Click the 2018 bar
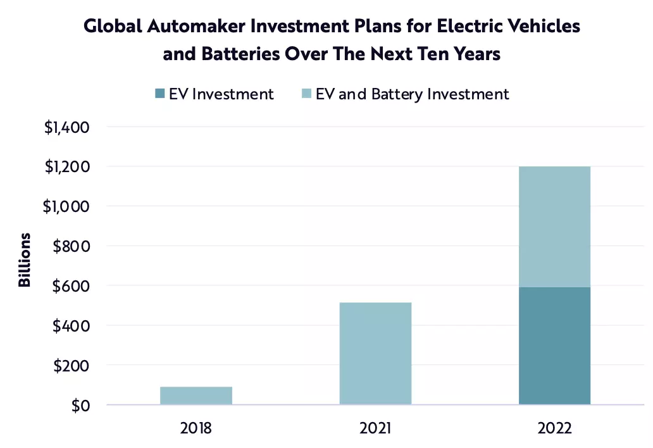pos(196,395)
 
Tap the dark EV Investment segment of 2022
pos(554,345)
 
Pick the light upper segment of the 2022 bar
pos(554,227)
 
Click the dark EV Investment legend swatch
pos(159,94)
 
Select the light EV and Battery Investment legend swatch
pos(306,94)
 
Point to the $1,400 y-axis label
pos(66,127)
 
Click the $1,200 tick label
pos(66,167)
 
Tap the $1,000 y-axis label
pos(66,206)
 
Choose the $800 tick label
pos(71,246)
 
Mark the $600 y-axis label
pos(71,286)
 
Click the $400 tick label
pos(71,326)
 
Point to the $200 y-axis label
pos(71,366)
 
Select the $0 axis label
pos(79,405)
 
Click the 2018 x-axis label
pos(196,428)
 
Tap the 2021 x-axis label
pos(375,428)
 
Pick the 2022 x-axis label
pos(554,428)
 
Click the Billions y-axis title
pos(25,260)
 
